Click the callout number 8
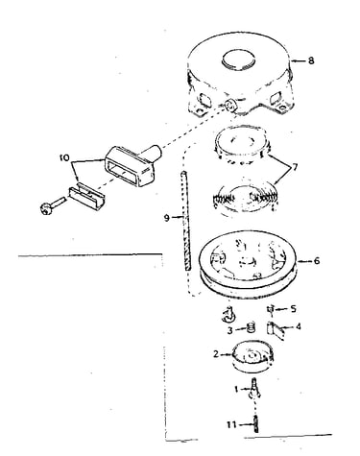click(x=311, y=60)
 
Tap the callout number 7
click(x=294, y=167)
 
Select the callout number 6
click(x=316, y=261)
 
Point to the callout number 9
click(x=166, y=218)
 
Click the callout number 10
click(x=64, y=157)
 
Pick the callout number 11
click(x=231, y=424)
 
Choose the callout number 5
click(x=293, y=308)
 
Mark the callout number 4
click(x=299, y=326)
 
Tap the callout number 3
click(x=230, y=330)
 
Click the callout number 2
click(x=216, y=354)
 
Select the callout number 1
click(x=236, y=389)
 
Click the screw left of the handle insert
click(x=53, y=205)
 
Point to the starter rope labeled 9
click(x=185, y=221)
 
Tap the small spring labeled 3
click(x=252, y=328)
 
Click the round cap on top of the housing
click(x=239, y=60)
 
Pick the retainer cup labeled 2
click(x=252, y=356)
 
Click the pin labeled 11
click(x=256, y=424)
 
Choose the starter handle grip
click(x=132, y=166)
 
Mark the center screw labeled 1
click(x=254, y=389)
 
